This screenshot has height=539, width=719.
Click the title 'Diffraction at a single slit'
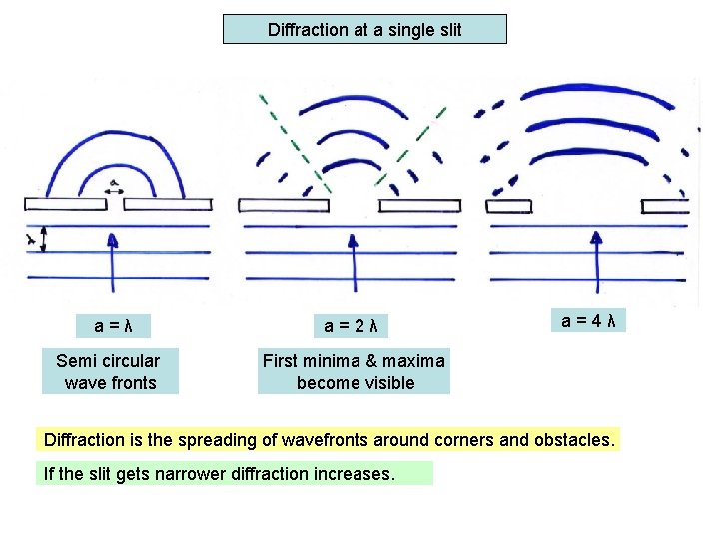pos(364,30)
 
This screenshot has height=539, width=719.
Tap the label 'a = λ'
pos(114,326)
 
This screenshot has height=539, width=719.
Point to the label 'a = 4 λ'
pos(587,320)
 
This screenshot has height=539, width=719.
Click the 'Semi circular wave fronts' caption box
pos(109,371)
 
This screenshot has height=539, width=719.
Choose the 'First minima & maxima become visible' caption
pos(354,371)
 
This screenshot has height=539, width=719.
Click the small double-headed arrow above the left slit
pos(114,187)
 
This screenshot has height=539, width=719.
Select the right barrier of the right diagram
pos(665,206)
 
